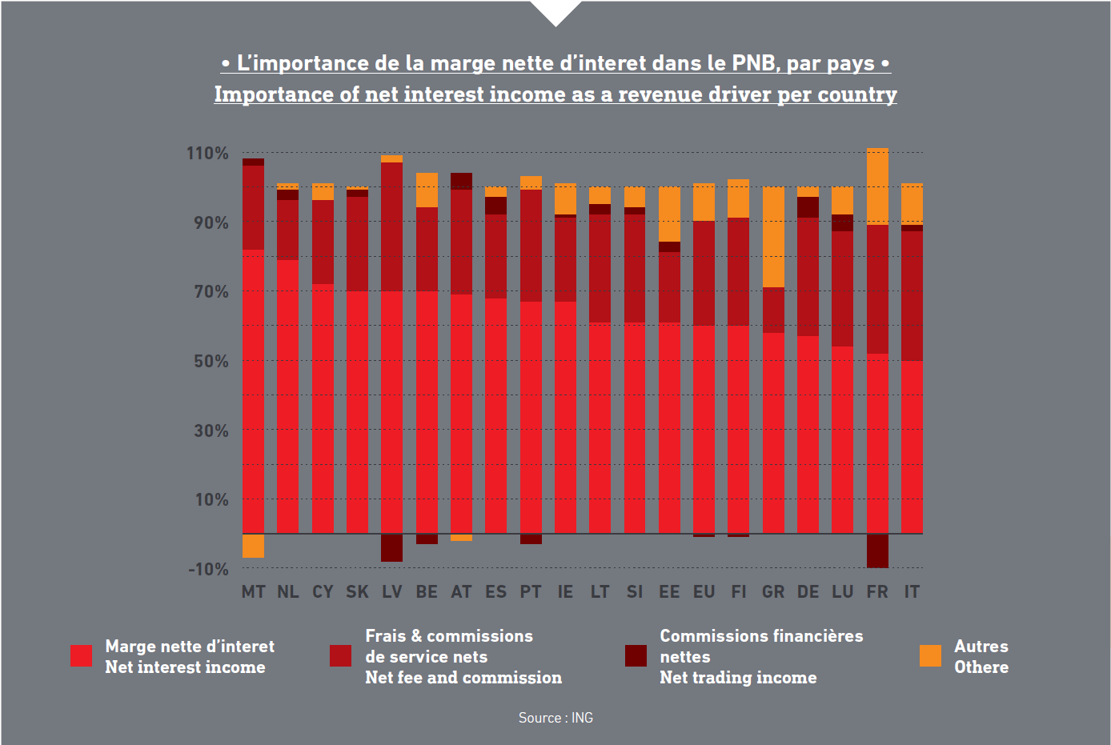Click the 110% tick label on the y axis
pos(207,153)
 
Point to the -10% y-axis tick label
pos(208,569)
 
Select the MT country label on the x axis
pos(254,592)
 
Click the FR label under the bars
pos(877,592)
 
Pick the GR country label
pos(773,592)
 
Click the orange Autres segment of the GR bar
pos(773,237)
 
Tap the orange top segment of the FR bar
pos(877,186)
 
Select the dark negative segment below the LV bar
pos(391,547)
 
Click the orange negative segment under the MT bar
pos(254,546)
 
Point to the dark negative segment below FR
pos(877,551)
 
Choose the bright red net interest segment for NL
pos(288,396)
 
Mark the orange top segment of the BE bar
pos(427,190)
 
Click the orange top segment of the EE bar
pos(669,214)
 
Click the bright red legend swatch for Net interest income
pos(82,656)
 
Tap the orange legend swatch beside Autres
pos(930,656)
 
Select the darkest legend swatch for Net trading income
pos(636,656)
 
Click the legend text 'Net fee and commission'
pos(463,678)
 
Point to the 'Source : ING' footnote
pos(555,718)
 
